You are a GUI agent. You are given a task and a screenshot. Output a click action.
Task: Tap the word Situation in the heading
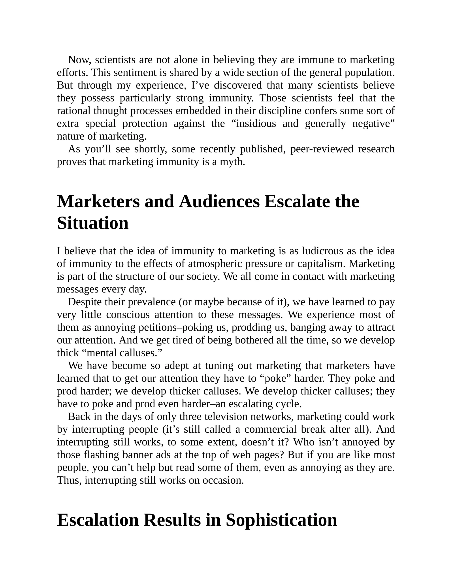pyautogui.click(x=93, y=223)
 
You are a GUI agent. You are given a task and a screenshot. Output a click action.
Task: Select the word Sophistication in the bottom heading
pyautogui.click(x=281, y=520)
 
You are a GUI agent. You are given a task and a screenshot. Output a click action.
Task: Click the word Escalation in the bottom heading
pyautogui.click(x=98, y=520)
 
